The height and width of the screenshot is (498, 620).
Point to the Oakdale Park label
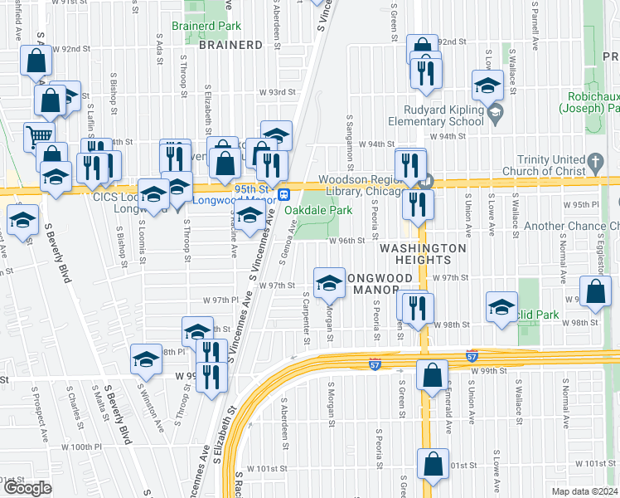(x=314, y=210)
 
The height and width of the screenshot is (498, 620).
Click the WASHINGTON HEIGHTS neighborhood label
(x=423, y=254)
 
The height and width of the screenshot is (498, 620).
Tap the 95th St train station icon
(x=283, y=194)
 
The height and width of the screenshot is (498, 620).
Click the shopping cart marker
(x=38, y=136)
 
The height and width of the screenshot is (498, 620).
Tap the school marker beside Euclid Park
(x=501, y=306)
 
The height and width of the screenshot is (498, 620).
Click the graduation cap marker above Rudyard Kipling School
(x=487, y=84)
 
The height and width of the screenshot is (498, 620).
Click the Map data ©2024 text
(x=584, y=491)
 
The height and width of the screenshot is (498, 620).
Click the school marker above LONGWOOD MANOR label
(x=329, y=282)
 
